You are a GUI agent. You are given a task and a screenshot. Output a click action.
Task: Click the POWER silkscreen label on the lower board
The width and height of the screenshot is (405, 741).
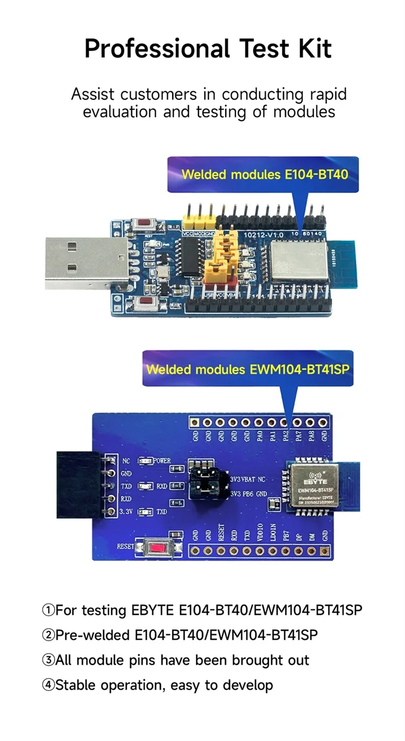coord(162,461)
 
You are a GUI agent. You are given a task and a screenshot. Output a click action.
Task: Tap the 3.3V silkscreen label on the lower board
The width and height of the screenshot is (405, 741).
coord(126,511)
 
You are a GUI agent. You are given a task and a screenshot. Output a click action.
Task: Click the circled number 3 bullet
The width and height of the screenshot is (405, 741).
coord(49,660)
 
